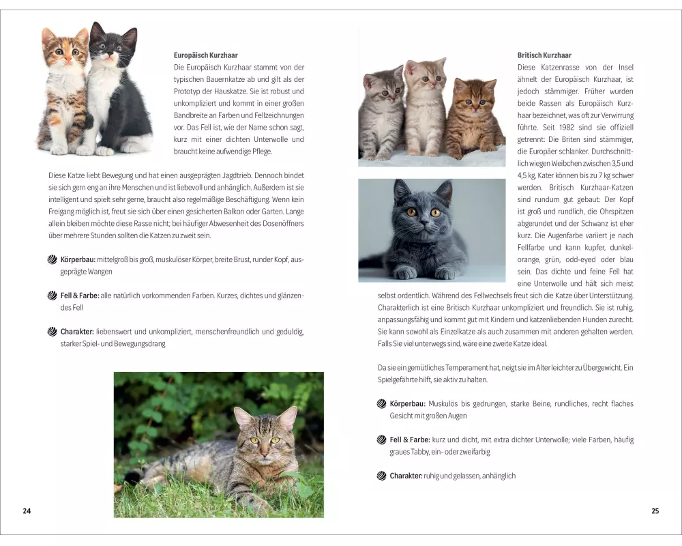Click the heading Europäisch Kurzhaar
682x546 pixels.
(x=206, y=55)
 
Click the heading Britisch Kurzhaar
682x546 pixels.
(x=544, y=55)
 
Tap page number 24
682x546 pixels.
(x=27, y=511)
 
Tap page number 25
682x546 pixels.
(x=655, y=511)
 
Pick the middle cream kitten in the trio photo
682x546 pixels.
(x=426, y=106)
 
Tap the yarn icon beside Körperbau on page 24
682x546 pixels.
(x=53, y=260)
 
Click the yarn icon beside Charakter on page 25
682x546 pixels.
(x=381, y=476)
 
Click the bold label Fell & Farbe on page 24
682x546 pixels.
(x=80, y=296)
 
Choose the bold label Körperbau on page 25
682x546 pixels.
(x=407, y=404)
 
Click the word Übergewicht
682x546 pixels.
(x=602, y=367)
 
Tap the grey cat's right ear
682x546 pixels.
(x=444, y=190)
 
